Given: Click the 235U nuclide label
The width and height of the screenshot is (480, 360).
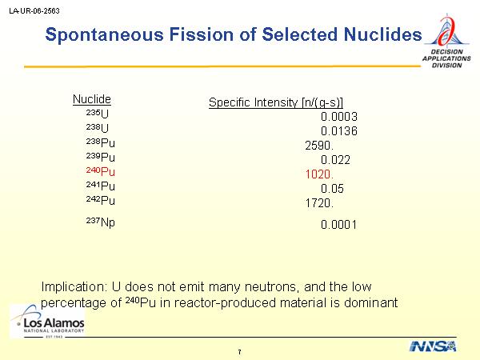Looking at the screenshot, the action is pyautogui.click(x=98, y=114).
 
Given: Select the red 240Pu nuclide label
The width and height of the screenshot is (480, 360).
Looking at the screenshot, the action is pyautogui.click(x=101, y=171).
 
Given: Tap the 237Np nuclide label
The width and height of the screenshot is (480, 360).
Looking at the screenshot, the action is pyautogui.click(x=101, y=222).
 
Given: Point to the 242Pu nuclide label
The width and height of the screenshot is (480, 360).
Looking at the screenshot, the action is pyautogui.click(x=101, y=200).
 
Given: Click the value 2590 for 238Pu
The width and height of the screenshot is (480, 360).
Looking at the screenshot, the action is pyautogui.click(x=319, y=146).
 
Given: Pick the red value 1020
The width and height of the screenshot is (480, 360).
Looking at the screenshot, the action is pyautogui.click(x=319, y=174).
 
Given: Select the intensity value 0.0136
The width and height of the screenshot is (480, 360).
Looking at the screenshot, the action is pyautogui.click(x=339, y=131).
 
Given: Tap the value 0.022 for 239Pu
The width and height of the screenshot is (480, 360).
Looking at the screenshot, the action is pyautogui.click(x=335, y=160).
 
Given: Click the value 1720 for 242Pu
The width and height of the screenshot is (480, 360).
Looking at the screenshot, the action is pyautogui.click(x=319, y=203).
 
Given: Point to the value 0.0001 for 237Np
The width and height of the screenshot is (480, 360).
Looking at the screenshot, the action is pyautogui.click(x=338, y=225).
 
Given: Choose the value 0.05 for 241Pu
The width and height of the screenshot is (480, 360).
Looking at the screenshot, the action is pyautogui.click(x=332, y=189).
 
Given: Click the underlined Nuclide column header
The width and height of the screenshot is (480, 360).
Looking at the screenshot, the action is pyautogui.click(x=92, y=99).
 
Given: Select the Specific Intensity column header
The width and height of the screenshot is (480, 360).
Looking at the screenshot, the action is pyautogui.click(x=276, y=102).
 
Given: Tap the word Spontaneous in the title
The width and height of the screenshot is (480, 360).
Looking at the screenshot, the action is pyautogui.click(x=104, y=34).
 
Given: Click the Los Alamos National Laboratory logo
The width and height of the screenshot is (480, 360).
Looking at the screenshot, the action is pyautogui.click(x=47, y=322).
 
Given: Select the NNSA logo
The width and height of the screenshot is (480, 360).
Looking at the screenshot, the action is pyautogui.click(x=433, y=346).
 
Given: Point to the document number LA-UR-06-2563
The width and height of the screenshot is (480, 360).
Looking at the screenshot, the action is pyautogui.click(x=34, y=11).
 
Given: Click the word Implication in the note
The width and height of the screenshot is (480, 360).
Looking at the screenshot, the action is pyautogui.click(x=74, y=287).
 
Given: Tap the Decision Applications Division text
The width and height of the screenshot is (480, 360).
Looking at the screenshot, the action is pyautogui.click(x=446, y=58).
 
